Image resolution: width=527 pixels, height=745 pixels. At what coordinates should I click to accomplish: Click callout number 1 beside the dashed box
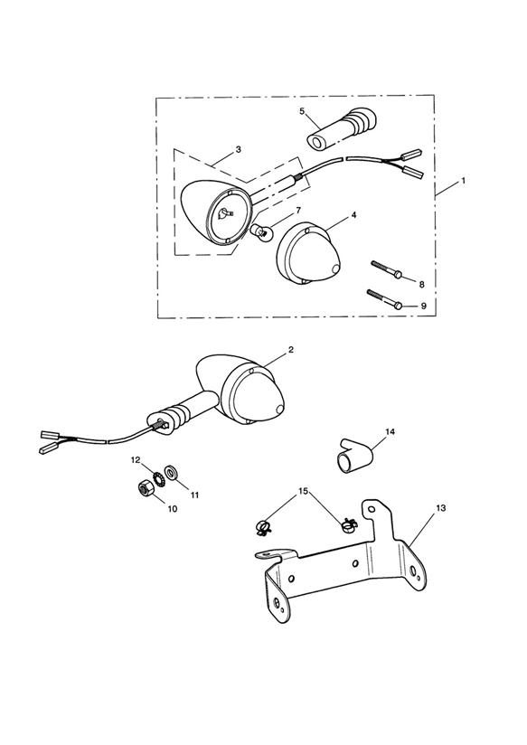click(463, 181)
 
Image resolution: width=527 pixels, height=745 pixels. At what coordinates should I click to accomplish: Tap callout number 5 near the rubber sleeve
click(302, 111)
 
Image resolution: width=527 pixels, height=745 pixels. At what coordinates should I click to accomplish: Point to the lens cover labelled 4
click(309, 255)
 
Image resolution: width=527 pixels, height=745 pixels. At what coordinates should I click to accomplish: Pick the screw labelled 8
click(387, 269)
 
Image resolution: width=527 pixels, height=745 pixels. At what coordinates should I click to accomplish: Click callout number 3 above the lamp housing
click(239, 149)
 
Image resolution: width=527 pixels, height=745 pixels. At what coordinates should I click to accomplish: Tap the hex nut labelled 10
click(144, 489)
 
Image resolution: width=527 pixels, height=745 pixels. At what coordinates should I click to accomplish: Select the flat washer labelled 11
click(170, 473)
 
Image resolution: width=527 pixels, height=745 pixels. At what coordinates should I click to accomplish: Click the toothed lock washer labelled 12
click(157, 478)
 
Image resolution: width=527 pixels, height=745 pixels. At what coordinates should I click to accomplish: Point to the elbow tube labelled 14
click(354, 457)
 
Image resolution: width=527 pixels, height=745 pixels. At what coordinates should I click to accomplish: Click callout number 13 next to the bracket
click(440, 508)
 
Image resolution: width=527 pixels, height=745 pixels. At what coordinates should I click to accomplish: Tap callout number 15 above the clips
click(303, 491)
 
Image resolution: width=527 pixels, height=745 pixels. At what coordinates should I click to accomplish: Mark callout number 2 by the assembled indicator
click(290, 350)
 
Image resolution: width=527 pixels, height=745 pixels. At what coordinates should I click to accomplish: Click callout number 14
click(391, 431)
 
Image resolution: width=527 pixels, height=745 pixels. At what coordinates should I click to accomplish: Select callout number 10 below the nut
click(172, 509)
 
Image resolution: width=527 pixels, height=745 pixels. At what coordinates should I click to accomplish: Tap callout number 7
click(298, 210)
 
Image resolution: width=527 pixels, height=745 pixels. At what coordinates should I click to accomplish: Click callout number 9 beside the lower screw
click(423, 306)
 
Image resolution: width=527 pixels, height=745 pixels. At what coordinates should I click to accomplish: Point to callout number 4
click(353, 215)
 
